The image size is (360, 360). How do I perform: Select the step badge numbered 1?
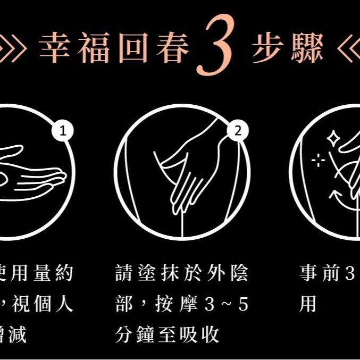pyautogui.click(x=64, y=131)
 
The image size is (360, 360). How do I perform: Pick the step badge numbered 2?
pyautogui.click(x=238, y=131)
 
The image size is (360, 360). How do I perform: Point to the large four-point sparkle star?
pyautogui.click(x=333, y=139)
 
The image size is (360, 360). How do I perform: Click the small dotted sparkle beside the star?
pyautogui.click(x=318, y=160)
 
